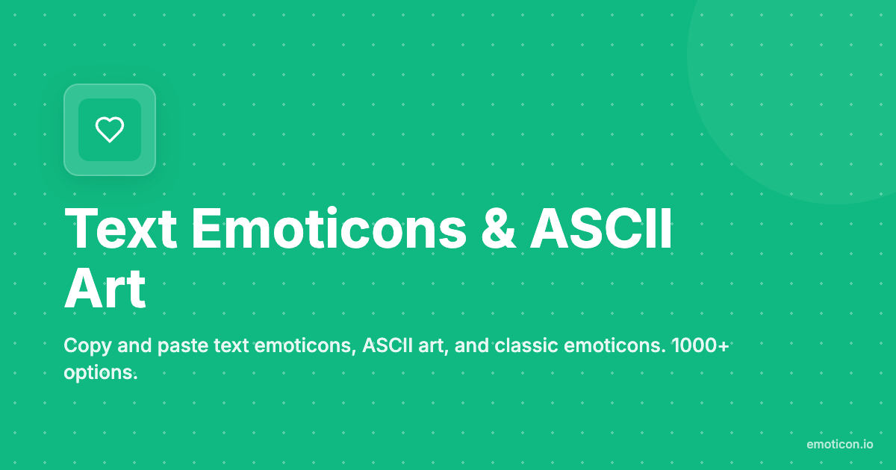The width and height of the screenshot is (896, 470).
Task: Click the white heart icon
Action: pos(110,130)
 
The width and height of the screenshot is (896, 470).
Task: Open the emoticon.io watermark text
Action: pos(839,444)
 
